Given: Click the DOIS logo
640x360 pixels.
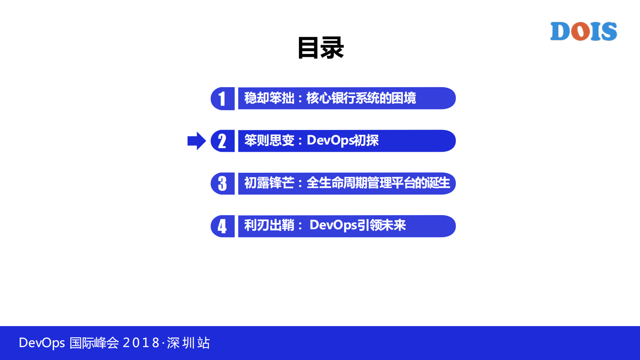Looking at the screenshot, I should (584, 31).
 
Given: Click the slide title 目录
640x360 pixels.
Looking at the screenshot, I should (321, 48).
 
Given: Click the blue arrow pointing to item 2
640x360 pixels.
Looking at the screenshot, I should (196, 141).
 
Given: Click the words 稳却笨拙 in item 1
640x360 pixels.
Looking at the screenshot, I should (269, 98).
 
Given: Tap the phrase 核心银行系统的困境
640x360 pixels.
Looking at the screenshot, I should (361, 98).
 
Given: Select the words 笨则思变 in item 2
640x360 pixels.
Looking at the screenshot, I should (269, 140).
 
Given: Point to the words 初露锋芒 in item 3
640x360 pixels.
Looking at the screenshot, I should (269, 183).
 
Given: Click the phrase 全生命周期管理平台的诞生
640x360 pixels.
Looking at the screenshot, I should (378, 183).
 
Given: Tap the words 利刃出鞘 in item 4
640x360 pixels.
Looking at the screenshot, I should (269, 225).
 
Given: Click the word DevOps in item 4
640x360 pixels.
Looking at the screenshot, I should (333, 225).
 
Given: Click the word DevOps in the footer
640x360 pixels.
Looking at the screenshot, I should (42, 343).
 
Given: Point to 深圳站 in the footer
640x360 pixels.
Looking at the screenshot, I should (188, 343).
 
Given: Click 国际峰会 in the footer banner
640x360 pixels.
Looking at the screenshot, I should (94, 343).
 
